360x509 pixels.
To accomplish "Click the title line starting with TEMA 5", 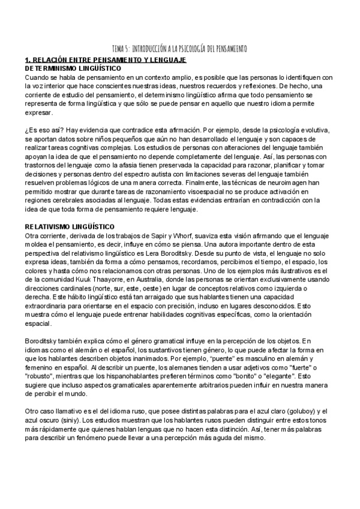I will pos(180,49).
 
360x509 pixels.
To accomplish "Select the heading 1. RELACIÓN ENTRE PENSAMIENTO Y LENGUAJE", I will pos(105,61).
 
